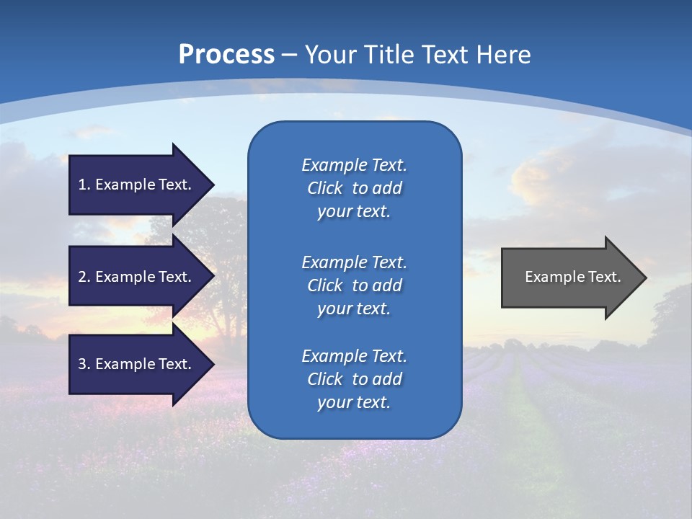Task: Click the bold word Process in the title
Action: click(226, 55)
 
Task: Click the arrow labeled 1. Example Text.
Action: click(137, 185)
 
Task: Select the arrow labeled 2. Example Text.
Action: click(137, 277)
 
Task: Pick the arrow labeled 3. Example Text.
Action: click(137, 364)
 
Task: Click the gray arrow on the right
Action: click(569, 278)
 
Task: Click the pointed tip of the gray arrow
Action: click(644, 278)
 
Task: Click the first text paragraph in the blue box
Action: click(354, 188)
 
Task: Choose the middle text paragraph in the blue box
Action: click(354, 285)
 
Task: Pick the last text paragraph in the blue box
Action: click(354, 379)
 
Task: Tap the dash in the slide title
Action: click(289, 55)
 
